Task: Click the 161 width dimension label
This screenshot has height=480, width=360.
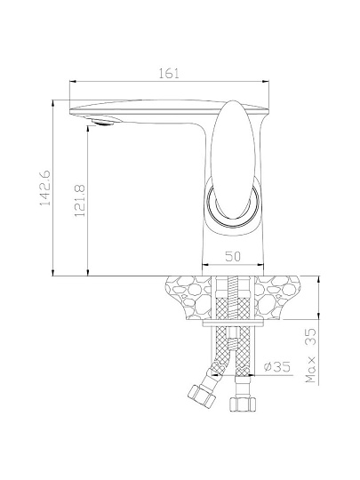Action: click(169, 74)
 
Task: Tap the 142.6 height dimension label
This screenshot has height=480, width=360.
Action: click(45, 188)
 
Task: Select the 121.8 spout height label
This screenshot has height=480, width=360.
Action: click(80, 201)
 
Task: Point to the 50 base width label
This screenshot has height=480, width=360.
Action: click(233, 256)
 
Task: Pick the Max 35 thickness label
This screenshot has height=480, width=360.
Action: click(310, 355)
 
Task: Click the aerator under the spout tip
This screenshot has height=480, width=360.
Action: click(102, 122)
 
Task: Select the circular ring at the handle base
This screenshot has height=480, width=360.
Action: click(233, 205)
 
